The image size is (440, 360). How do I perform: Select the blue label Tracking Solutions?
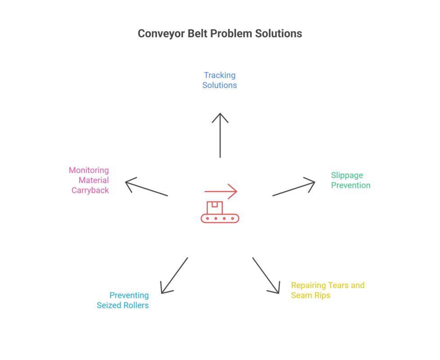click(x=220, y=80)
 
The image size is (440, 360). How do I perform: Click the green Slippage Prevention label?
click(x=350, y=180)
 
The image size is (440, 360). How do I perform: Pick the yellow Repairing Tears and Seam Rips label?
click(x=328, y=290)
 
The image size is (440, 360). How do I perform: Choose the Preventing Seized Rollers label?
click(x=123, y=300)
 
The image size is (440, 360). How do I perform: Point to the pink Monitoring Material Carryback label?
click(x=89, y=180)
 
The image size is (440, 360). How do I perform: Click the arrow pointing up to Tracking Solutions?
click(x=220, y=135)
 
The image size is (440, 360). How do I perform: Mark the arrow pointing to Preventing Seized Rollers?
click(x=175, y=275)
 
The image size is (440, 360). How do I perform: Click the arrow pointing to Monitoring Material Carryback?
click(x=147, y=188)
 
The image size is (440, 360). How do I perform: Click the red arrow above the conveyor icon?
click(x=220, y=191)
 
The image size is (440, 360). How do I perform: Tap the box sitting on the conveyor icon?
click(x=215, y=207)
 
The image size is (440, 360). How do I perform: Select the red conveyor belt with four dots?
click(x=220, y=219)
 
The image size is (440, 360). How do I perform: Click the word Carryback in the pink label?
click(x=90, y=190)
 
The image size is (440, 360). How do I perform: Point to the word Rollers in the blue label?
click(x=136, y=305)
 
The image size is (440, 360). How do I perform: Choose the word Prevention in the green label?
click(x=350, y=185)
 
